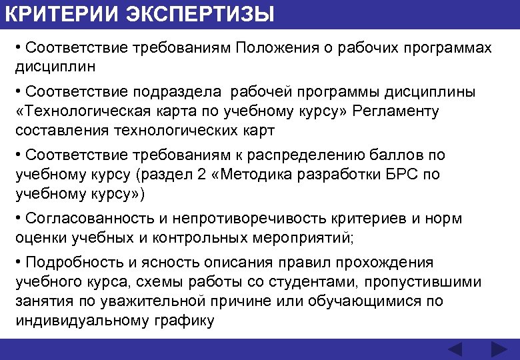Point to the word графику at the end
[x=181, y=321]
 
